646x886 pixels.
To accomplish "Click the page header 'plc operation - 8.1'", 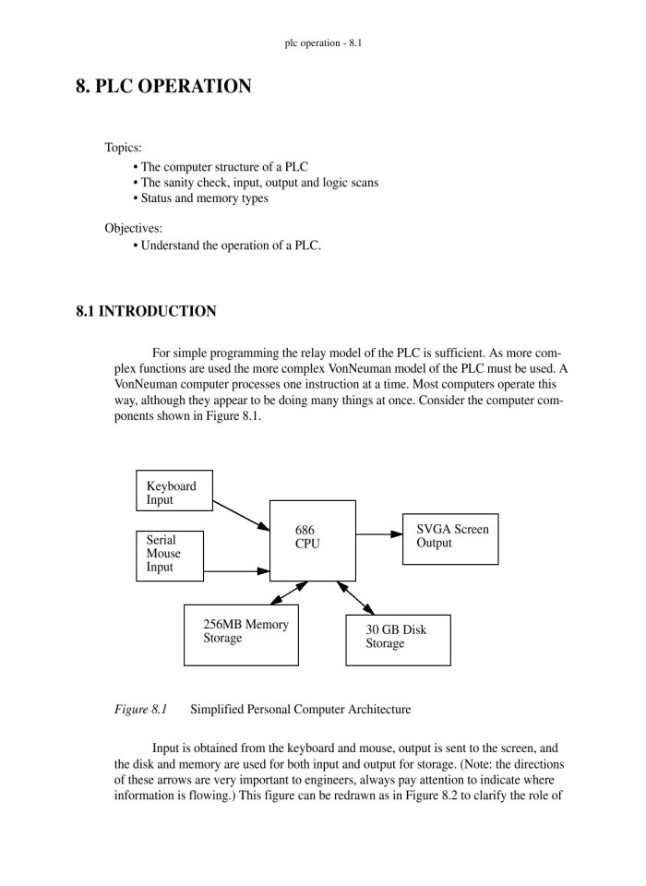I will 323,42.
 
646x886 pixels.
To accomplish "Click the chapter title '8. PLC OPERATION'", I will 163,87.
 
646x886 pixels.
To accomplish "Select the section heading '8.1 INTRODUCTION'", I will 146,312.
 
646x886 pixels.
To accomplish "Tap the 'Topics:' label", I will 123,148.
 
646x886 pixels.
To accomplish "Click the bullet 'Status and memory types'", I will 204,198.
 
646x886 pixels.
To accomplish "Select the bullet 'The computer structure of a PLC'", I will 224,167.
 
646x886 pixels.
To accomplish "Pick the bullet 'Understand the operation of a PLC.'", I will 231,245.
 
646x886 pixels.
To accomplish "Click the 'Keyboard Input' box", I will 173,493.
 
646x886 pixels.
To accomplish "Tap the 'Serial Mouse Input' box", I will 171,554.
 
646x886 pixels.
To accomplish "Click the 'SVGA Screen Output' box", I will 450,538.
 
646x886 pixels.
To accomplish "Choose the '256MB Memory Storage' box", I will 241,634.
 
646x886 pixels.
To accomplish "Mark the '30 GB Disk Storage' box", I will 398,639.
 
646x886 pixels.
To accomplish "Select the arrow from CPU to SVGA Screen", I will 378,533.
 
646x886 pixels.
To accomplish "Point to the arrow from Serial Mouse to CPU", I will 236,571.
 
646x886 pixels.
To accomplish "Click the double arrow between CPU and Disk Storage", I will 355,598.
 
